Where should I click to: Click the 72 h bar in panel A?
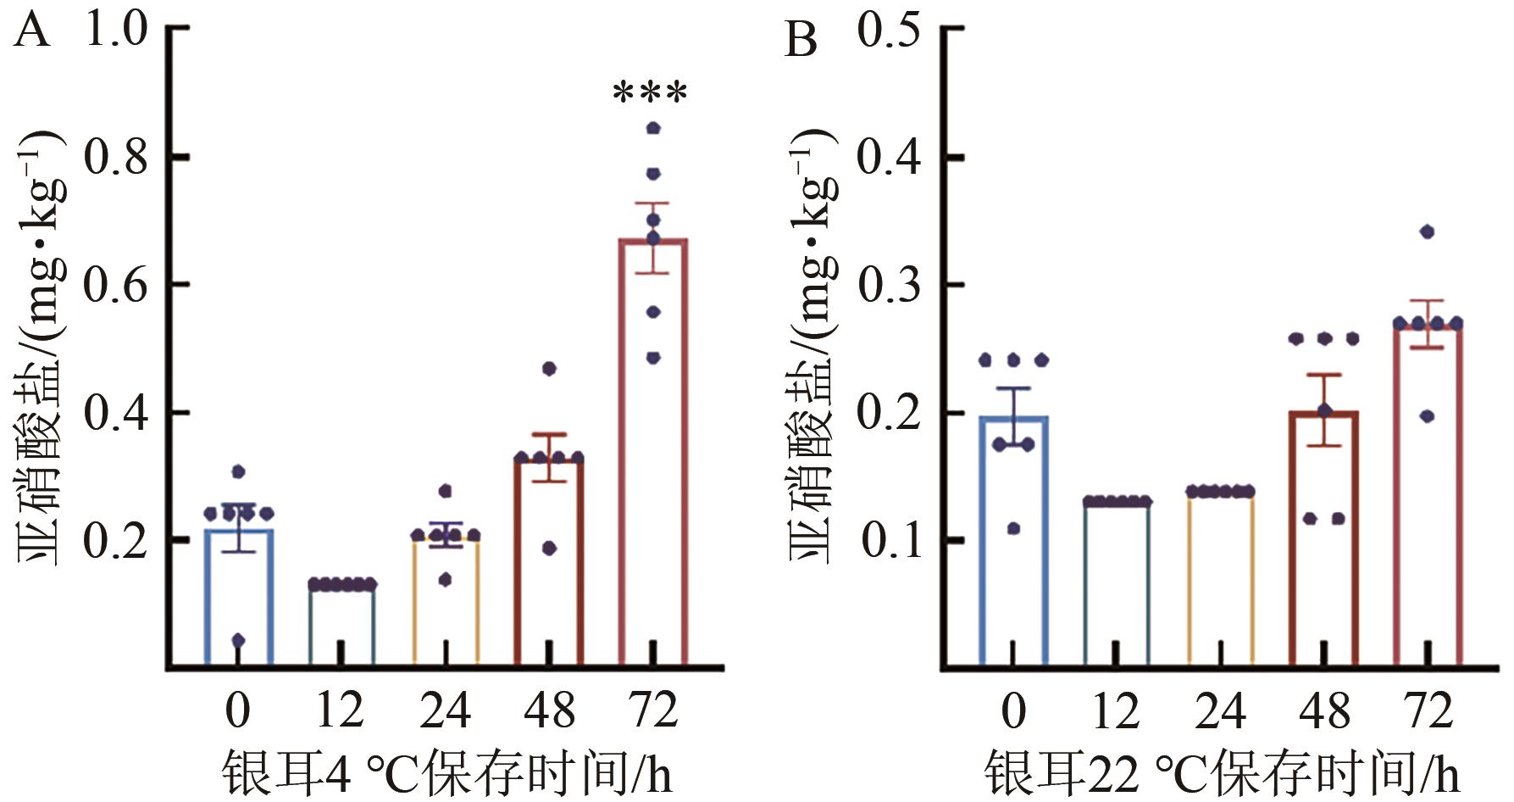pos(652,449)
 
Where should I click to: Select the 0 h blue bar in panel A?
pos(238,593)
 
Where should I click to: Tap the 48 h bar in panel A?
pos(548,560)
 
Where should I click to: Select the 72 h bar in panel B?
pos(1428,492)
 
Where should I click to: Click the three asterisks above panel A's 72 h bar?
pos(650,92)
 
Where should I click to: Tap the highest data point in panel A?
pos(653,129)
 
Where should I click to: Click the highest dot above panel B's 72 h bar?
pos(1428,231)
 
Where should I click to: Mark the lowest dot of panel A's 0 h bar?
pos(238,640)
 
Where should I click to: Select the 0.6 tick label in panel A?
pos(116,285)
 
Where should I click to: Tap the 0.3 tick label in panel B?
pos(888,285)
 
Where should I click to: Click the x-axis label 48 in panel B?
pos(1324,710)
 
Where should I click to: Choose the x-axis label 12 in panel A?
pos(340,710)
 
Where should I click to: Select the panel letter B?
pos(801,39)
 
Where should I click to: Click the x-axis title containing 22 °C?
pos(1221,771)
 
